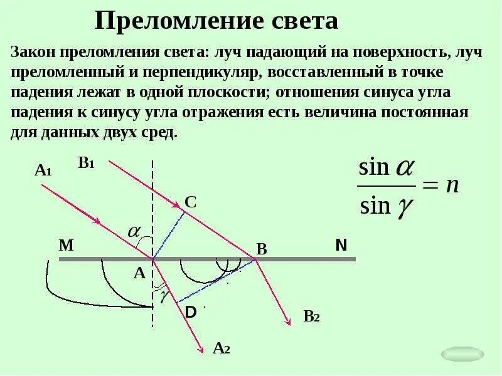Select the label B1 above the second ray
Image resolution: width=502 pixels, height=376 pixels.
(x=86, y=163)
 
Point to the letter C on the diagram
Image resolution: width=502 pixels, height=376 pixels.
(x=191, y=202)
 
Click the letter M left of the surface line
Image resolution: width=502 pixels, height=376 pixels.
(x=67, y=246)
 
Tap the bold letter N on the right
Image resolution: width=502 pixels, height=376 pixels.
(x=341, y=245)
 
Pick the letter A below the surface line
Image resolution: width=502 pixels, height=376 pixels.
(x=139, y=273)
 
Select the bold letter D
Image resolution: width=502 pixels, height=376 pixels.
(x=191, y=311)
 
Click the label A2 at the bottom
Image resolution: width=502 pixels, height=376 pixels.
(x=222, y=348)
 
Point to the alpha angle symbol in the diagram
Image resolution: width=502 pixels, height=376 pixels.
(x=134, y=231)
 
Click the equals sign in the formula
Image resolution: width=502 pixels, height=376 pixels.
(x=429, y=186)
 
